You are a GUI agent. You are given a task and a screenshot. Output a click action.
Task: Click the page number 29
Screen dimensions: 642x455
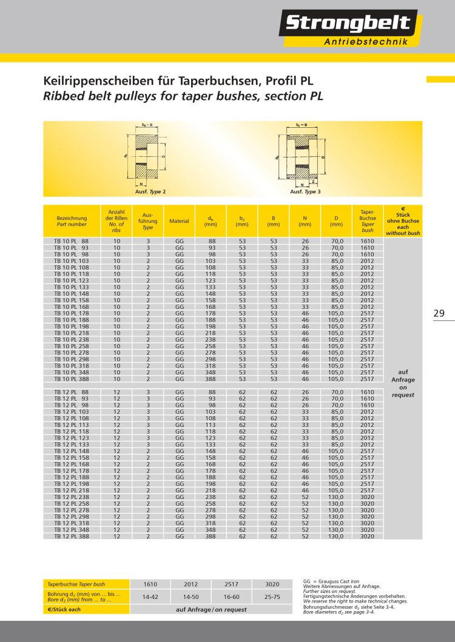click(x=439, y=313)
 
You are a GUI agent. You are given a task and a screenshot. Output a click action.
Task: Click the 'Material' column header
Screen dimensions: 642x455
click(x=180, y=221)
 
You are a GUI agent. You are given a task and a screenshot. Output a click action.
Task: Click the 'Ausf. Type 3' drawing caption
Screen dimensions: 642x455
click(x=305, y=191)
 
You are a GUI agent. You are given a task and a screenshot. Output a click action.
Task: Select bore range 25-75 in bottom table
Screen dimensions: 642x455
click(x=272, y=597)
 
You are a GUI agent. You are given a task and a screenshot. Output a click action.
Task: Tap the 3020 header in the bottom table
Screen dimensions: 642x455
click(x=272, y=584)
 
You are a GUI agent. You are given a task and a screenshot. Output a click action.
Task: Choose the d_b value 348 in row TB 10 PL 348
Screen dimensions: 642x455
click(x=212, y=372)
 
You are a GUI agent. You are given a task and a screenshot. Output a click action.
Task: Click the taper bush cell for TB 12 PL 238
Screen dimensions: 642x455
click(x=368, y=497)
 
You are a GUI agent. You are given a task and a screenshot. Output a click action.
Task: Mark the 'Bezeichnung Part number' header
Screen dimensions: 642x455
click(x=72, y=221)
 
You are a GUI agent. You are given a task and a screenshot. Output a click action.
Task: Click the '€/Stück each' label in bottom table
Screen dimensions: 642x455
click(x=64, y=609)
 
